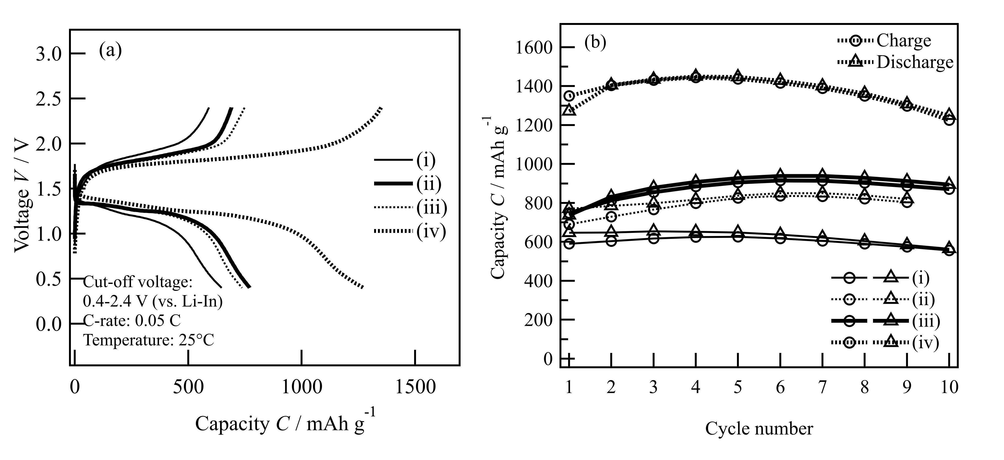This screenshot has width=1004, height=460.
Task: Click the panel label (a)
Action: [110, 51]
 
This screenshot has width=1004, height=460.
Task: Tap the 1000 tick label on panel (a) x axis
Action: [302, 387]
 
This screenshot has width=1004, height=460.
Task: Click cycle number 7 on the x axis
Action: [822, 387]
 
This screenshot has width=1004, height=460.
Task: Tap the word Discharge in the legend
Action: [915, 62]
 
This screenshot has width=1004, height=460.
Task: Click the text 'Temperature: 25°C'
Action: [149, 340]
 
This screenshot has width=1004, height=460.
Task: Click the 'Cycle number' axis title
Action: [759, 429]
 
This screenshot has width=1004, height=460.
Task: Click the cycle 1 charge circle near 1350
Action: [569, 96]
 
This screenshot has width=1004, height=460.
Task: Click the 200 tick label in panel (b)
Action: [538, 320]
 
